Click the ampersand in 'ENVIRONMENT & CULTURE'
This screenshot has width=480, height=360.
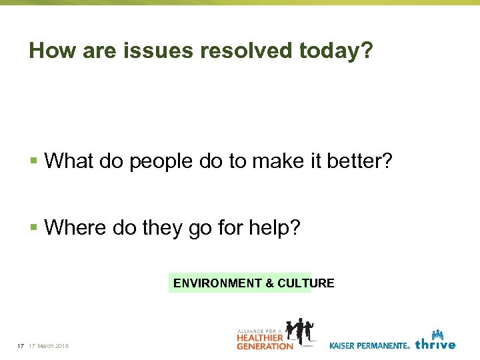pos(269,283)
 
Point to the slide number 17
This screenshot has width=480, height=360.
pos(21,346)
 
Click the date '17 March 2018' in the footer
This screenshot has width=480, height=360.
pos(49,346)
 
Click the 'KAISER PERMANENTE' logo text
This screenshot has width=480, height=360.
pos(369,345)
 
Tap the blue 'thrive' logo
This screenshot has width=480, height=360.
pos(435,341)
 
